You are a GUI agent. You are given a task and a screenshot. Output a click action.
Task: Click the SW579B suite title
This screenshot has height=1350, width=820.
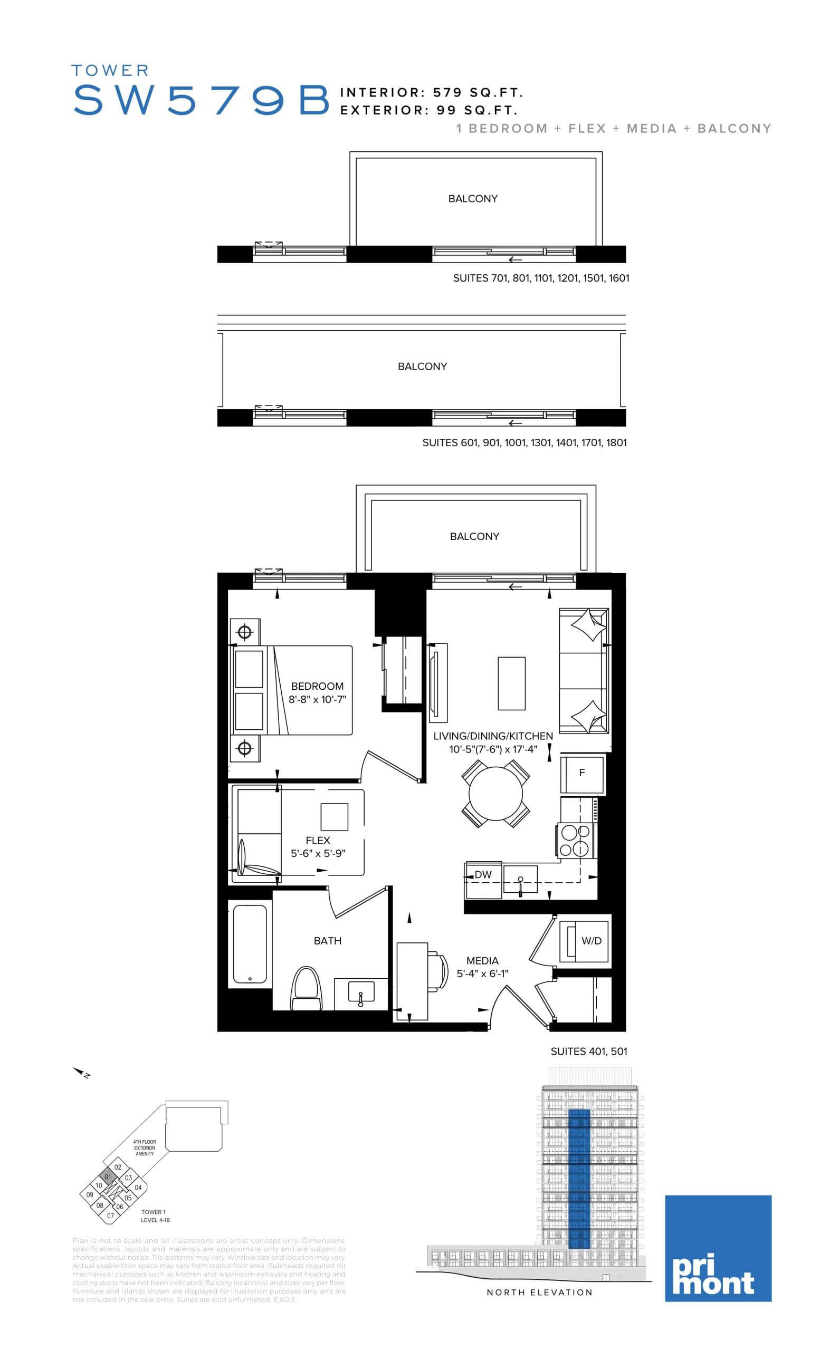click(201, 100)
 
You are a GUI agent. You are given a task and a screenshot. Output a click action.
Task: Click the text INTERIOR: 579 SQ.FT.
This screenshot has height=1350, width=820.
click(432, 92)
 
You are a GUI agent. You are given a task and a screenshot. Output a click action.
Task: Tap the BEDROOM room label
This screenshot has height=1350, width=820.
click(317, 686)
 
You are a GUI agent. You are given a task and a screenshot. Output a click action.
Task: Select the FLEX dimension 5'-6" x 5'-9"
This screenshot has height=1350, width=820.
click(318, 853)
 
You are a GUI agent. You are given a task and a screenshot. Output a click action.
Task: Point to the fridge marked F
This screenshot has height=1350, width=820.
click(582, 773)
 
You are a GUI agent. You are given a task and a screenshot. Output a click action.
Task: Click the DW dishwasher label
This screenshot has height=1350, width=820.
click(483, 874)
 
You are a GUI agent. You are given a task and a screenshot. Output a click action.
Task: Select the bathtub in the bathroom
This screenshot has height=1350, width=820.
click(250, 943)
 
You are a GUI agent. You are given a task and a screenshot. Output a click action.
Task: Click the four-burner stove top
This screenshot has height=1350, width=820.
click(575, 841)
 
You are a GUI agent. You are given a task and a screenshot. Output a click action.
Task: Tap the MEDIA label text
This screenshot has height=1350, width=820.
click(482, 960)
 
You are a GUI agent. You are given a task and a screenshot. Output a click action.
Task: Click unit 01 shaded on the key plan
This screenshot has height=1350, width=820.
click(108, 1177)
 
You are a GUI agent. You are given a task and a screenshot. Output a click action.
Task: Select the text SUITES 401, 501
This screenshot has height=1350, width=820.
click(588, 1051)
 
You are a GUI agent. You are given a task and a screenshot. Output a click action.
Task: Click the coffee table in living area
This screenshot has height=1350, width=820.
click(511, 683)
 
